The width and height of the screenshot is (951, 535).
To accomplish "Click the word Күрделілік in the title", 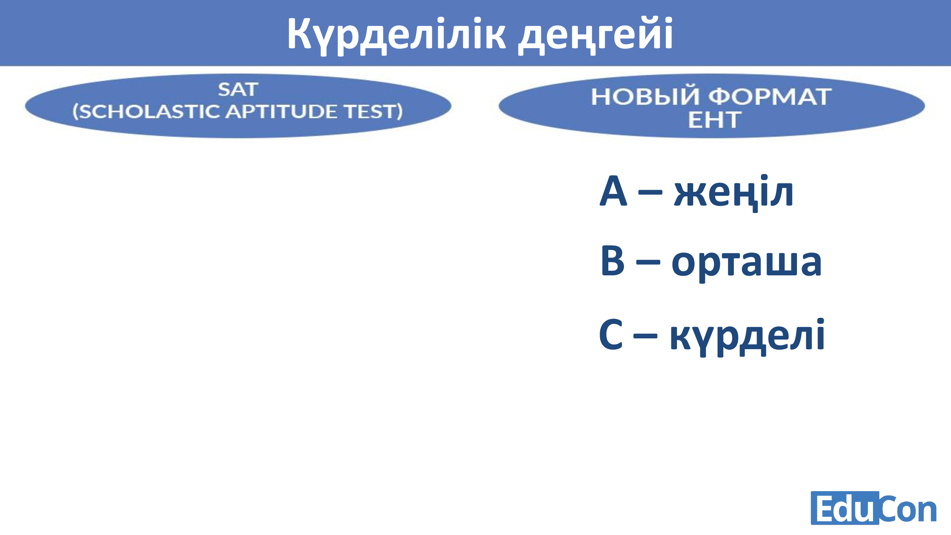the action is (396, 35).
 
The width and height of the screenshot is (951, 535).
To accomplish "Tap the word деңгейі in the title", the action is (595, 35).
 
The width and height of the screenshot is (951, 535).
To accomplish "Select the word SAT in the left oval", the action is (238, 90).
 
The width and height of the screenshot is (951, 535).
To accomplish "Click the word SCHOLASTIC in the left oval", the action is (146, 111).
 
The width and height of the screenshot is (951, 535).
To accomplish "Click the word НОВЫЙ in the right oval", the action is (645, 97).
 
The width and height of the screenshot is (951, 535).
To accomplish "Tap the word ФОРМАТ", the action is (770, 97).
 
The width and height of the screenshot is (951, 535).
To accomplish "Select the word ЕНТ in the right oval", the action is (714, 119).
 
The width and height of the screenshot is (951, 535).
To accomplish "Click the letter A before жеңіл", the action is (613, 191).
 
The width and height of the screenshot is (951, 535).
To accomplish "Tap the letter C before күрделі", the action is (611, 334).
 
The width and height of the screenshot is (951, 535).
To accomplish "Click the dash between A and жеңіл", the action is (650, 192).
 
